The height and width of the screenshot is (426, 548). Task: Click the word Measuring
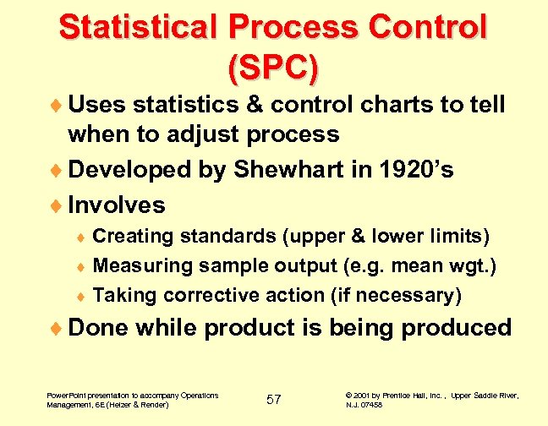coord(141,266)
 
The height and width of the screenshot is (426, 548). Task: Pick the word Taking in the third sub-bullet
coord(124,295)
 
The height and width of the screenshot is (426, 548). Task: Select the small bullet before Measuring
coord(82,267)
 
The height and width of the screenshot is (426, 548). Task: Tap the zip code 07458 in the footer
coord(370,405)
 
